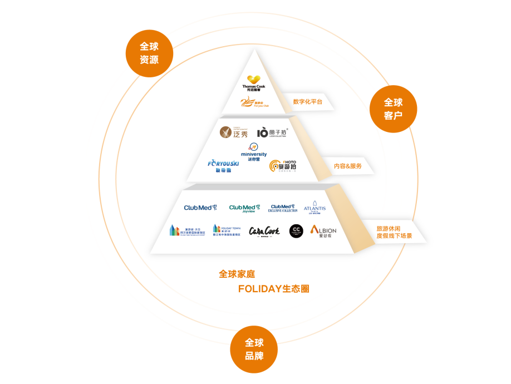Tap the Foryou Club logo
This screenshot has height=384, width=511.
tap(254, 102)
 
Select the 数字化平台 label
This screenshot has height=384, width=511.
tap(307, 102)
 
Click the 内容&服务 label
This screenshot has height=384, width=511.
tap(347, 166)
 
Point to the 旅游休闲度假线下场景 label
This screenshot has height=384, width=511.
tap(394, 232)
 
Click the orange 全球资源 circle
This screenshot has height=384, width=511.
tap(149, 53)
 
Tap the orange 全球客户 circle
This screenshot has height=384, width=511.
tap(393, 109)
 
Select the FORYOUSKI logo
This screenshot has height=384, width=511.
tap(223, 165)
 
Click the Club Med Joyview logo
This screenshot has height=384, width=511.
tap(244, 209)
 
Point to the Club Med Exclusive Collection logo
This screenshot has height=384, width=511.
tap(283, 208)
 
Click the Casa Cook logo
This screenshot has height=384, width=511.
tap(264, 231)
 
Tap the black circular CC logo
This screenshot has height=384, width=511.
tap(296, 230)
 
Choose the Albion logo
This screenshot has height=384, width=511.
tap(323, 231)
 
